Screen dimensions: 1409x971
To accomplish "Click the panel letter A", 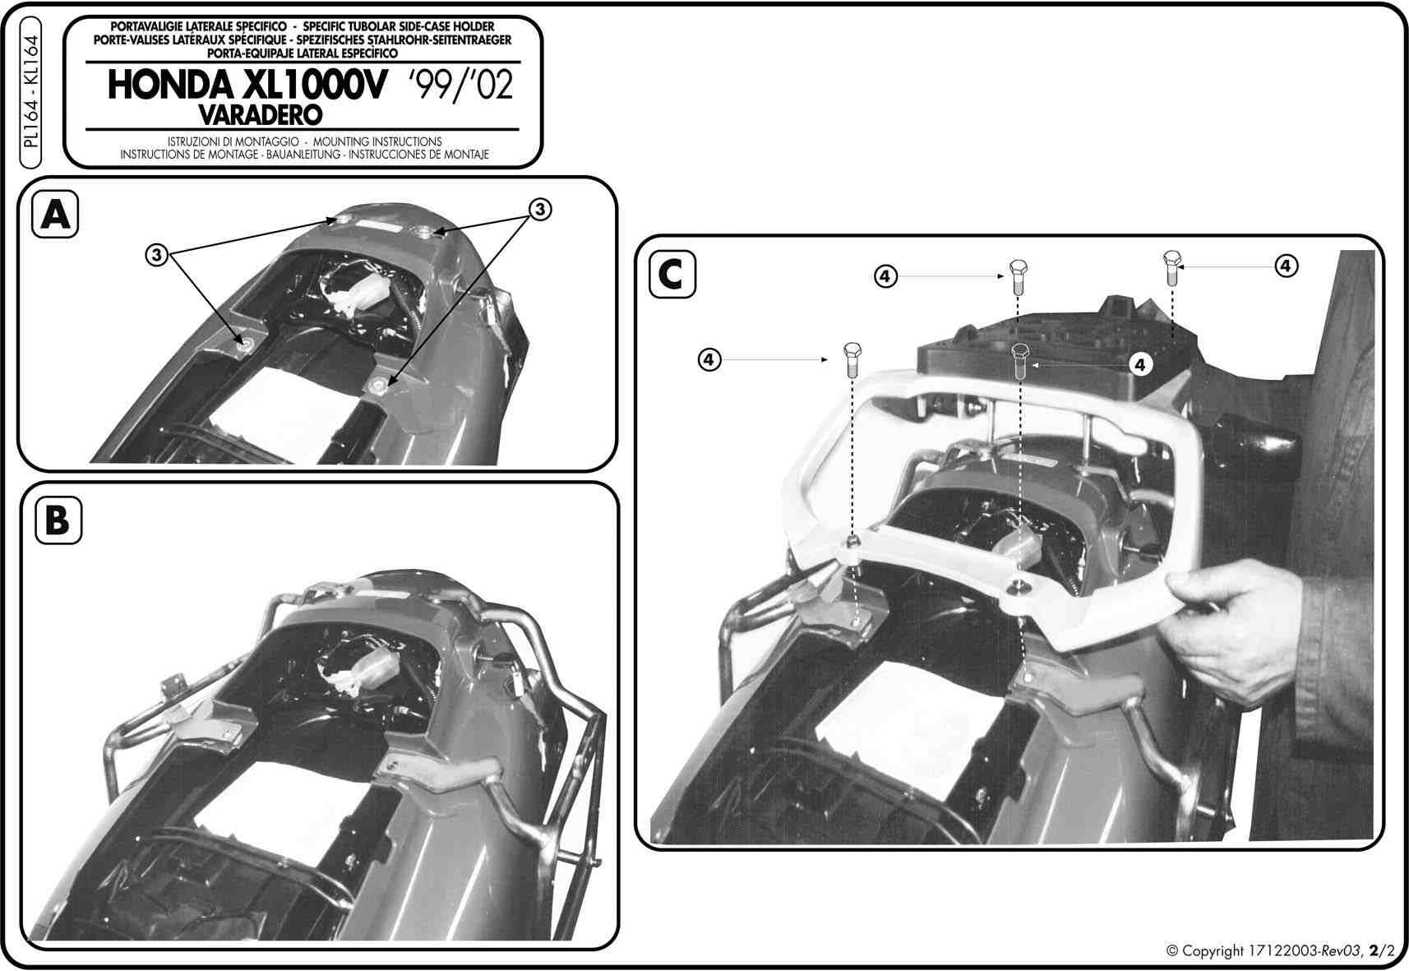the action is click(x=55, y=215).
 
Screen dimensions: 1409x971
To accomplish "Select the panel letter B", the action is click(x=58, y=520).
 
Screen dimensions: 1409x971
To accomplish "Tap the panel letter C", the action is click(x=671, y=275).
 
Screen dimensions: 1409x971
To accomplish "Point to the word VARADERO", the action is click(x=261, y=114).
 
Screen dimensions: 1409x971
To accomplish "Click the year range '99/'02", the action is click(x=460, y=85).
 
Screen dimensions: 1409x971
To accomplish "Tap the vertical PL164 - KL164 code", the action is click(x=30, y=92).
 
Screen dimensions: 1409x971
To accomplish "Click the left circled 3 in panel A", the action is click(x=157, y=255).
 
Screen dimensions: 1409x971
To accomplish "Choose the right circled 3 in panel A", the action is click(x=540, y=210).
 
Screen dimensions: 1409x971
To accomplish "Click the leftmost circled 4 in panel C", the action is click(x=709, y=360).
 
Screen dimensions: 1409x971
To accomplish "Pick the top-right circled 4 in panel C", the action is click(x=1286, y=266).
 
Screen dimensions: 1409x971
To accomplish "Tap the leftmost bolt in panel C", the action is click(x=852, y=359).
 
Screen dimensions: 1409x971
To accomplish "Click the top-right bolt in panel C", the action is click(x=1172, y=268).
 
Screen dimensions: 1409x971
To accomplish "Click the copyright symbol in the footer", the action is click(x=1172, y=950).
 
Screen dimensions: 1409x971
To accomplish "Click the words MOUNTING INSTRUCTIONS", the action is click(x=377, y=142).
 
